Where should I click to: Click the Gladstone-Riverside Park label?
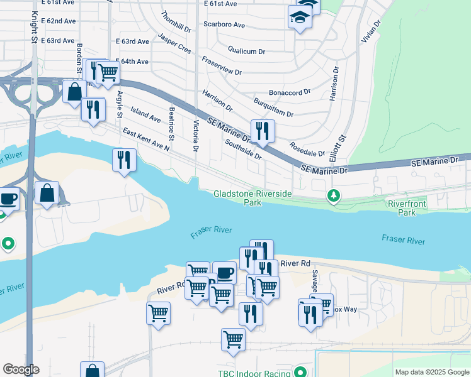(252, 198)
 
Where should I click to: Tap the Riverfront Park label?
(407, 208)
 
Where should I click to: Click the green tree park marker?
(334, 196)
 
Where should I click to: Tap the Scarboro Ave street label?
(224, 25)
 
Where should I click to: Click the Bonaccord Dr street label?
(290, 92)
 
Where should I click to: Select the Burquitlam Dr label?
(273, 106)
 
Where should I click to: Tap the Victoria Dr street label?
(196, 136)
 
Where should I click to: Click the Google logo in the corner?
(21, 369)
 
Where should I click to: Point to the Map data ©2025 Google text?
(431, 372)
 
